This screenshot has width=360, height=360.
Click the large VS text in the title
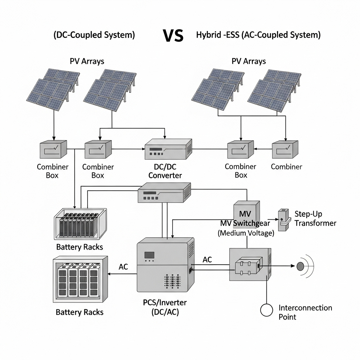click(173, 36)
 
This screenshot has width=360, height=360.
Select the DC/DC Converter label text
click(165, 171)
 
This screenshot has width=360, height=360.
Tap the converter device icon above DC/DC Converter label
click(168, 149)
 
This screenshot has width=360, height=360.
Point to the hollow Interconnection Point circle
click(266, 310)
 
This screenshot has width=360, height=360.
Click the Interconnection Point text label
click(305, 312)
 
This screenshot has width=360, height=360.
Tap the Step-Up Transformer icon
click(283, 220)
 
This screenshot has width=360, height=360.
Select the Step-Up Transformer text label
click(315, 218)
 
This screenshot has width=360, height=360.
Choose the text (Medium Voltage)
click(246, 233)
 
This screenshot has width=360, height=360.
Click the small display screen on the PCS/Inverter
click(150, 255)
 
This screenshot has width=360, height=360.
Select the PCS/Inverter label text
click(165, 307)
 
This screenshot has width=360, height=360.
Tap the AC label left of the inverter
click(123, 267)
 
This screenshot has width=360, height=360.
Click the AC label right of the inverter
click(207, 260)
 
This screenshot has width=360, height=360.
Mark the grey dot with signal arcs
click(301, 266)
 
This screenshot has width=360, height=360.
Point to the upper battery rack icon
click(81, 224)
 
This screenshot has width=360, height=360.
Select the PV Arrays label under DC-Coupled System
click(87, 61)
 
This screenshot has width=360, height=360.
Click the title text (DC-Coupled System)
click(94, 35)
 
